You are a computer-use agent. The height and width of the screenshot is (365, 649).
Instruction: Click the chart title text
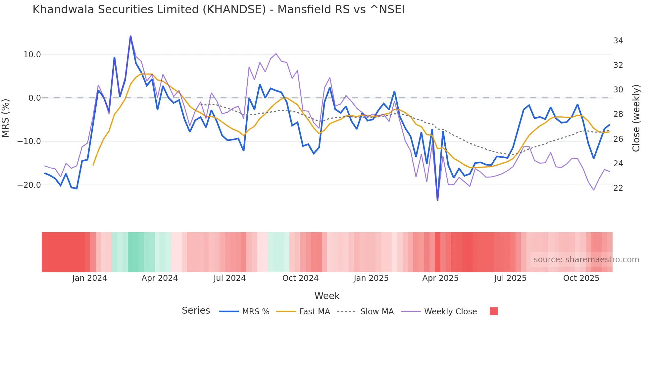coord(219,9)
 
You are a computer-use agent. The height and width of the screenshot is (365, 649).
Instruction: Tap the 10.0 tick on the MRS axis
coord(32,54)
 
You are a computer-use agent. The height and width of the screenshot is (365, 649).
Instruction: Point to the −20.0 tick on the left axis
coord(29,185)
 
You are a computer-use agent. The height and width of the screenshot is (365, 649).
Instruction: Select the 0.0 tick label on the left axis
coord(34,98)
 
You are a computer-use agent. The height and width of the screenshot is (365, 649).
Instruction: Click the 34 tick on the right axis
coord(618,41)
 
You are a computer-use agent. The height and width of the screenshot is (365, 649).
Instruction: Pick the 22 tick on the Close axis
coord(618,188)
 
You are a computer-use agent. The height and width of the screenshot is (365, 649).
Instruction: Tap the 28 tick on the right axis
coord(618,114)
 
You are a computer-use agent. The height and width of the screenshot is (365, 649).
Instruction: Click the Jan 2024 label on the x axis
coord(89,278)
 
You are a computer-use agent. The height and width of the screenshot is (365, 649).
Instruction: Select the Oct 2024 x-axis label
coord(300,278)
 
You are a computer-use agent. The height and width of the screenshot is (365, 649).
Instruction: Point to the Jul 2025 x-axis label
coord(510,278)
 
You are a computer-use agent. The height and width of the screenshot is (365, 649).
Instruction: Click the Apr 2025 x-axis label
coord(440,278)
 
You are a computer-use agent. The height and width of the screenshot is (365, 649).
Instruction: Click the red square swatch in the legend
coord(493,311)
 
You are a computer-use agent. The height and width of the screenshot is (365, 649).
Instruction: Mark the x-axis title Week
coord(327,296)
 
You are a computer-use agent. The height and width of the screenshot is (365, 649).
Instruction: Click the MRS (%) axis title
coord(6,118)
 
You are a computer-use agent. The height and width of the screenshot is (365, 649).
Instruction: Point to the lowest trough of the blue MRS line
coord(437,200)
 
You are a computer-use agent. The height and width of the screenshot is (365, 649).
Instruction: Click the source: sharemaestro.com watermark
coord(586,259)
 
